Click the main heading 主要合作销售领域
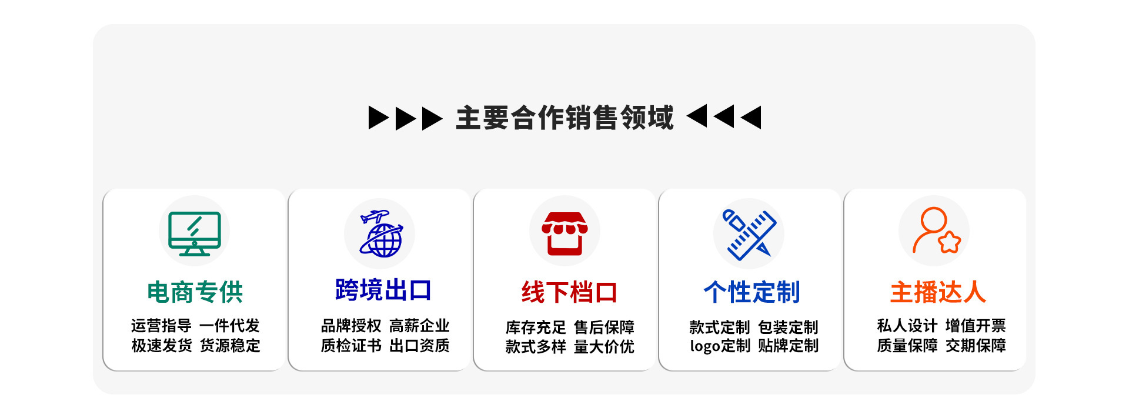tap(564, 118)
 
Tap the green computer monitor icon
tap(194, 233)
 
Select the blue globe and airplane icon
tap(380, 234)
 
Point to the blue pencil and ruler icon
tap(749, 234)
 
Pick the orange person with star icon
tap(935, 230)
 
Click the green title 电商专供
tap(195, 292)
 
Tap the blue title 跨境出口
tap(383, 290)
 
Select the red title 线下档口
tap(569, 292)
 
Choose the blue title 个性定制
tap(752, 292)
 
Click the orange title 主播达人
tap(938, 292)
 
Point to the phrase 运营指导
tap(161, 326)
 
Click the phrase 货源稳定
tap(230, 346)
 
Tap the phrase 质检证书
tap(351, 346)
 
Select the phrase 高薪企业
tap(419, 326)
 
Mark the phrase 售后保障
tap(604, 327)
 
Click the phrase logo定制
tap(720, 346)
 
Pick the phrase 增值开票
tap(976, 326)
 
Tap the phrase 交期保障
tap(976, 346)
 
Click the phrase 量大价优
tap(604, 347)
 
